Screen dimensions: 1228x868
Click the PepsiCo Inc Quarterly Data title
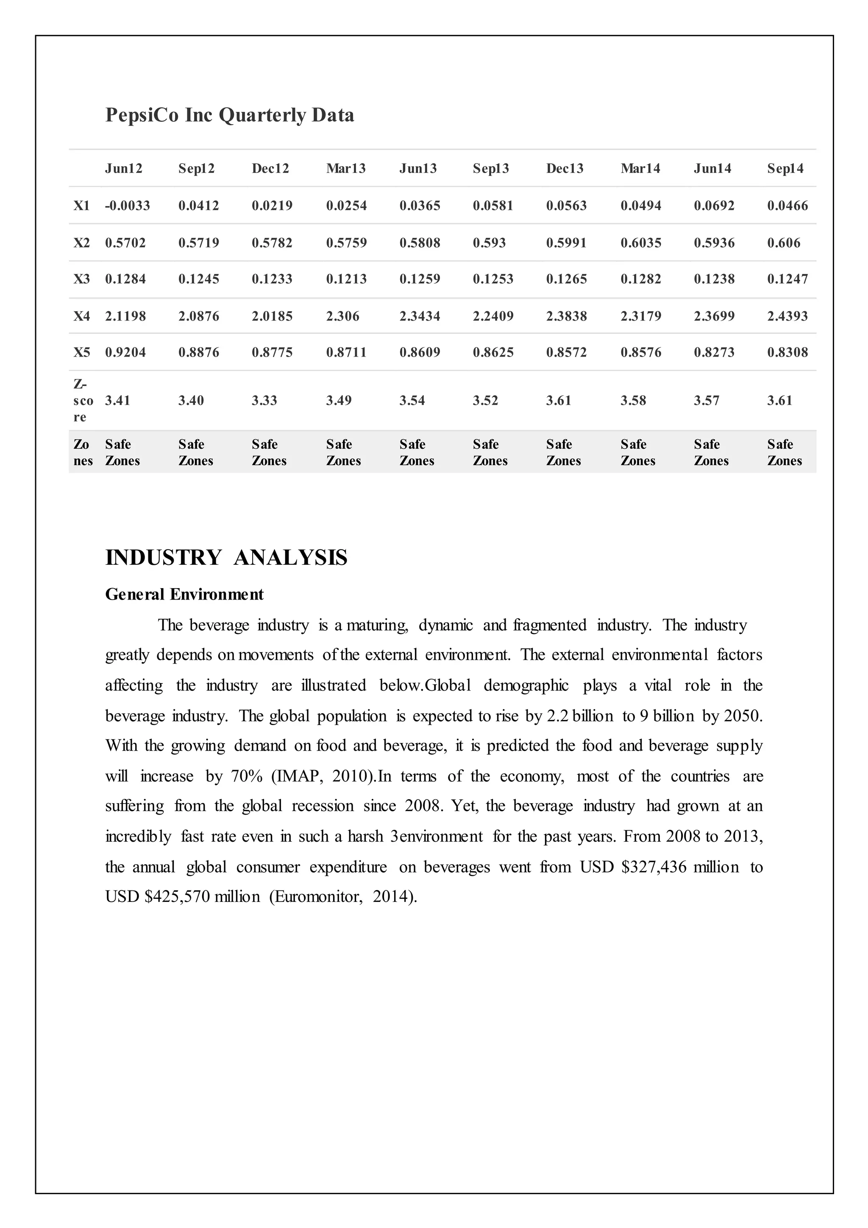point(229,115)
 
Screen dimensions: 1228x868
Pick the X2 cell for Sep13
point(489,243)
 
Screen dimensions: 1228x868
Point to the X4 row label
point(81,316)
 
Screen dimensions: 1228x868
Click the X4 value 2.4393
point(787,316)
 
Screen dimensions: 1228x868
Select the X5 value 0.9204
point(125,352)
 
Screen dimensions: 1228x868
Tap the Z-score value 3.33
point(264,401)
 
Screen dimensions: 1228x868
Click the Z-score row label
point(82,401)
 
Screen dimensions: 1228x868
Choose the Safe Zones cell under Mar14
point(637,452)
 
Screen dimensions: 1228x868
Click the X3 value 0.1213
point(346,279)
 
